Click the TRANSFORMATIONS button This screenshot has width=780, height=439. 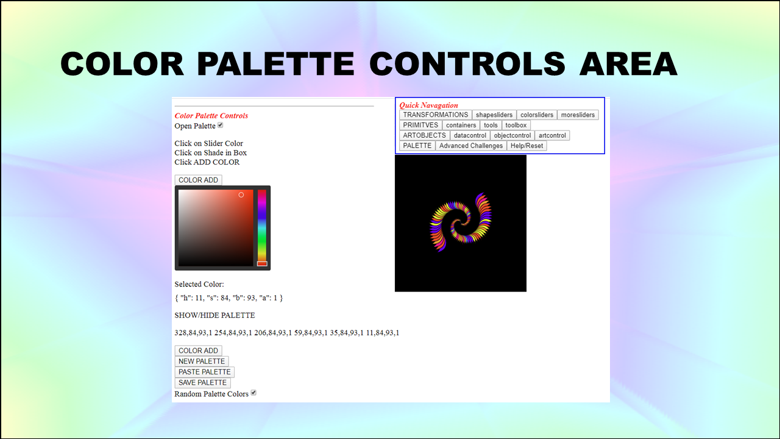pos(436,115)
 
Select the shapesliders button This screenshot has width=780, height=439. pos(494,115)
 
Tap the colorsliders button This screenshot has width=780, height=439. pos(537,115)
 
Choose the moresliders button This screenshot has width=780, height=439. pos(578,115)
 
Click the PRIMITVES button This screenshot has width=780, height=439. pos(420,125)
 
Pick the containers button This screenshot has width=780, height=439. pos(461,125)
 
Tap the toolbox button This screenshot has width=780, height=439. pos(516,125)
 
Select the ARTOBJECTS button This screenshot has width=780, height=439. pos(425,135)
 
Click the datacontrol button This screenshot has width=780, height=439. pos(470,135)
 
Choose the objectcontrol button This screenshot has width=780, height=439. pos(512,135)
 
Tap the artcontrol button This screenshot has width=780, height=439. pos(552,135)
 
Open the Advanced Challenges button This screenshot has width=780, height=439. pos(471,146)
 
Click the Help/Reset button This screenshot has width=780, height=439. pos(527,146)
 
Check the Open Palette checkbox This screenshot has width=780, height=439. pos(221,125)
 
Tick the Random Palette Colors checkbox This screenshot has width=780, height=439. pos(253,393)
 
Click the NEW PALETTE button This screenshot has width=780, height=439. pos(202,362)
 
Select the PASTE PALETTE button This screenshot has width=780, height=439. pos(204,372)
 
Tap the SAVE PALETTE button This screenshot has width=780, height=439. pos(202,382)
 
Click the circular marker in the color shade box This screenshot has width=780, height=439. pos(241,195)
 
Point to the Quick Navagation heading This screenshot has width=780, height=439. pos(428,105)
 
